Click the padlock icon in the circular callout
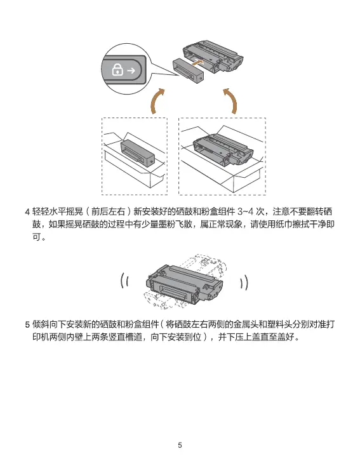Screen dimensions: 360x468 (x=117, y=70)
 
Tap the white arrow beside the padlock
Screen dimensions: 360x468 (x=131, y=70)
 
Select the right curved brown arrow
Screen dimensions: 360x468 (x=230, y=101)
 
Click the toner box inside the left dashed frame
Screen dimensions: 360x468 (x=138, y=152)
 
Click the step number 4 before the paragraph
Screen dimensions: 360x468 (x=27, y=212)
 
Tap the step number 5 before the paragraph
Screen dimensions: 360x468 (x=27, y=324)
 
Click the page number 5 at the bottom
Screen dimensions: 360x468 (x=180, y=445)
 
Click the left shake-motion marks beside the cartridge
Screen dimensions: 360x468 (x=125, y=281)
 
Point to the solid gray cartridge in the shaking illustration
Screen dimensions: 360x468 (x=184, y=284)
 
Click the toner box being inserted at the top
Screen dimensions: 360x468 (x=189, y=70)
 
